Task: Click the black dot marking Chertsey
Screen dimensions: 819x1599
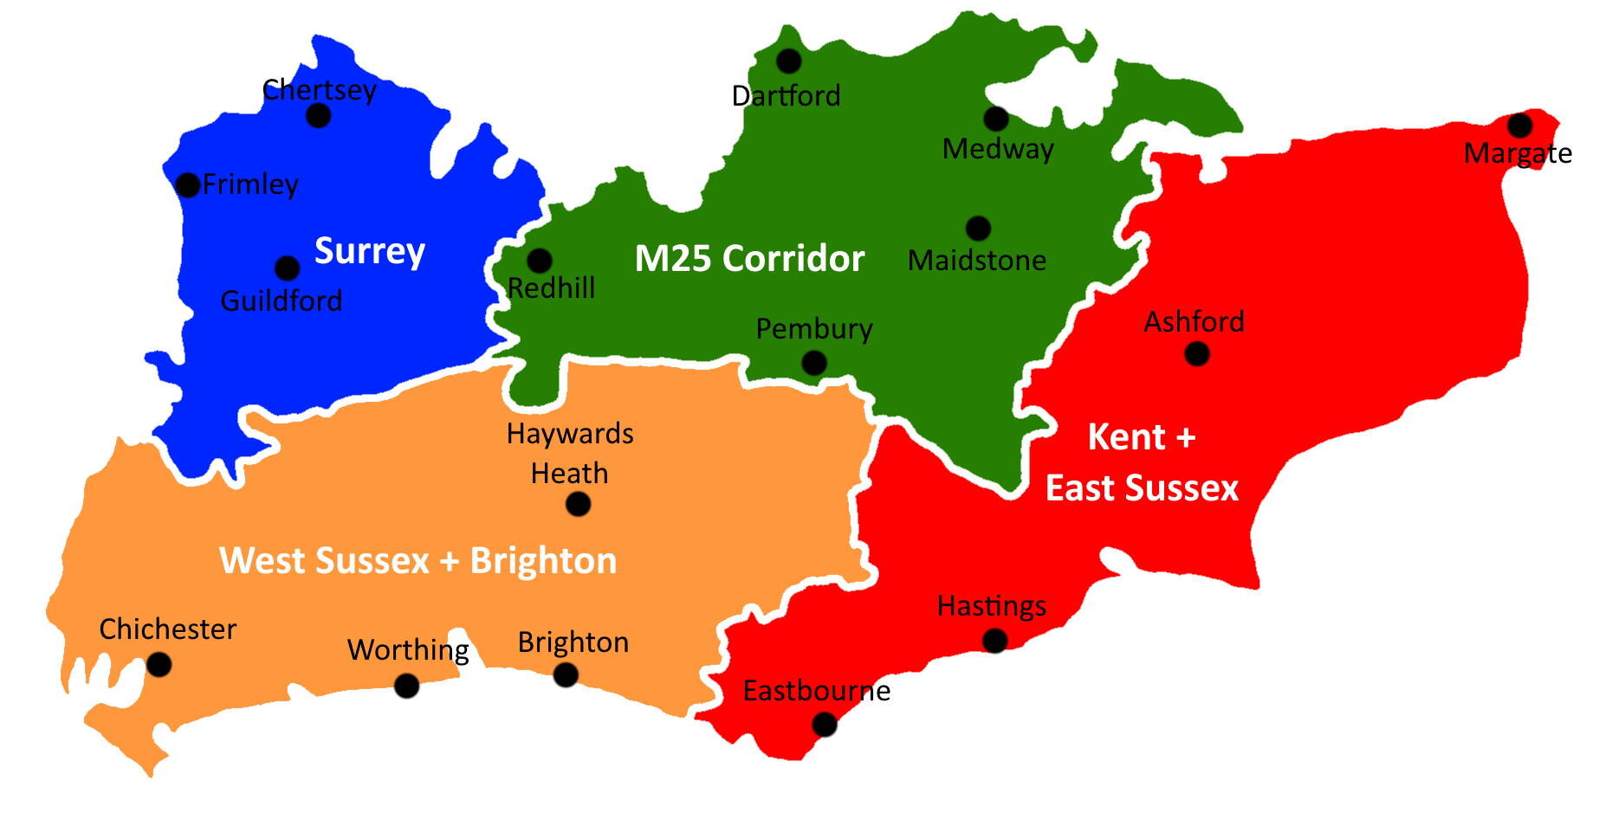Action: point(319,115)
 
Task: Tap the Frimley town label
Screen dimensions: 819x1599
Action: point(250,184)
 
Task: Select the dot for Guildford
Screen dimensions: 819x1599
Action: point(287,268)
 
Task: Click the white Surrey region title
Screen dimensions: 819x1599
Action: point(369,251)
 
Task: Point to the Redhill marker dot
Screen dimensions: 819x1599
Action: point(540,260)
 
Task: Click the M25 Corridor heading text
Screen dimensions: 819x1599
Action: point(749,259)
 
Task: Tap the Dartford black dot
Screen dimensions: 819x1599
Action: point(788,61)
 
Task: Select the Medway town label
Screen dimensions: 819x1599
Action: point(998,149)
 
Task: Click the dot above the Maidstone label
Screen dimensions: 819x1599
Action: point(978,229)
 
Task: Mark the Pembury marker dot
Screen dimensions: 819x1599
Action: point(813,363)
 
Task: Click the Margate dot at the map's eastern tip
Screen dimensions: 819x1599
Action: point(1519,126)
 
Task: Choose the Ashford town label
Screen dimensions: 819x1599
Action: point(1194,322)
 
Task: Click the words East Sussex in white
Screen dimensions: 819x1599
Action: point(1142,488)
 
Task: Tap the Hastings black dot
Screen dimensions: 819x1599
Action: point(995,641)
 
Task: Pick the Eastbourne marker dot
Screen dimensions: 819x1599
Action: point(825,724)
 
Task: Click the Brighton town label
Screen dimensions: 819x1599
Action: point(573,642)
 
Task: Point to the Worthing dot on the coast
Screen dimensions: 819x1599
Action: point(406,687)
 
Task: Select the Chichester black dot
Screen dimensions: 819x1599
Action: point(159,665)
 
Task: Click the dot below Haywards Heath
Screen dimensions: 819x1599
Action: point(578,504)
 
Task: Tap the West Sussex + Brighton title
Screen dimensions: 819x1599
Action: point(418,561)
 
